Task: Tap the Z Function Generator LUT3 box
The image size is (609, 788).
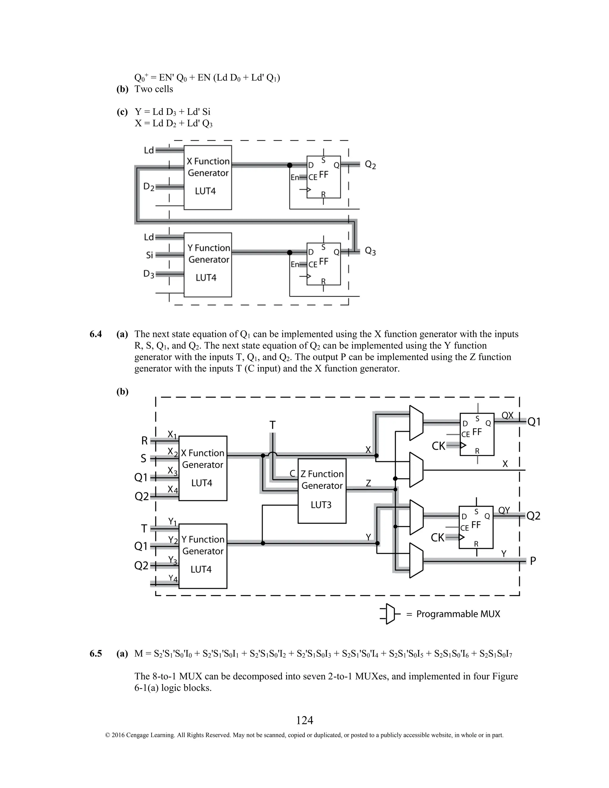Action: point(322,491)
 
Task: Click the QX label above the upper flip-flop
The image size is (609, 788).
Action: point(507,416)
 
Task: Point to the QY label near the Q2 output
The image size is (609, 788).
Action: point(504,510)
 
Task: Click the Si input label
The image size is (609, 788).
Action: point(149,255)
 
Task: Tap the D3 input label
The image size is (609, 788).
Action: point(149,274)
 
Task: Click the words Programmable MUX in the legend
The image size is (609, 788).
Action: point(458,614)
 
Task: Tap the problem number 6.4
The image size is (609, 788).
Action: point(96,334)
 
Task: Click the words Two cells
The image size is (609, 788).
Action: point(154,89)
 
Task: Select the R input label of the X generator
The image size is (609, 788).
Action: point(144,441)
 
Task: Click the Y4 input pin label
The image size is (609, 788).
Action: point(173,578)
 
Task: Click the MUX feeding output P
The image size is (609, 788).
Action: point(416,560)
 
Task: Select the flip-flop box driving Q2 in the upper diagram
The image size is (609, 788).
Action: point(324,177)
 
